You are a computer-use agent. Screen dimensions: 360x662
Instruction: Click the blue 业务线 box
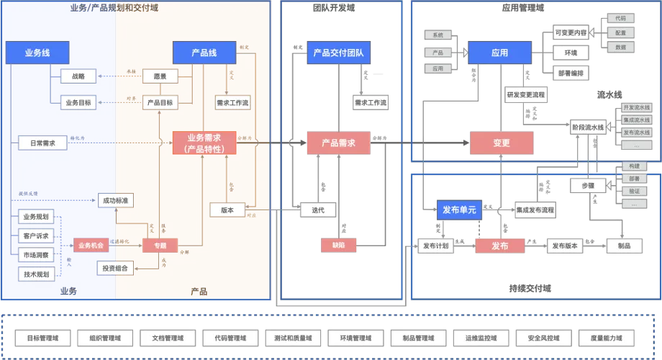coord(37,53)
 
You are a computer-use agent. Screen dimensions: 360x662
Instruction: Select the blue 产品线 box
coord(204,53)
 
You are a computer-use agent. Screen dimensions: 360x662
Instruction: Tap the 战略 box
coord(77,76)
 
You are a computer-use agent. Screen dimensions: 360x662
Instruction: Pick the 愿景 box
coord(160,76)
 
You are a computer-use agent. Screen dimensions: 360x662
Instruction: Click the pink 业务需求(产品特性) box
coord(205,143)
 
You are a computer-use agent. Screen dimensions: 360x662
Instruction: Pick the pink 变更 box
coord(501,143)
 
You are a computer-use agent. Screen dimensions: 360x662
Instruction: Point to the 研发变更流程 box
coord(525,94)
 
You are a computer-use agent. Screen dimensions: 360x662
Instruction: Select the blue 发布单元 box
coord(458,210)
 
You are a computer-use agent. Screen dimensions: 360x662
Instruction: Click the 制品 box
coord(624,246)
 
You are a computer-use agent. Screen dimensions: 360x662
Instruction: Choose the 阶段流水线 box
coord(589,127)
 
